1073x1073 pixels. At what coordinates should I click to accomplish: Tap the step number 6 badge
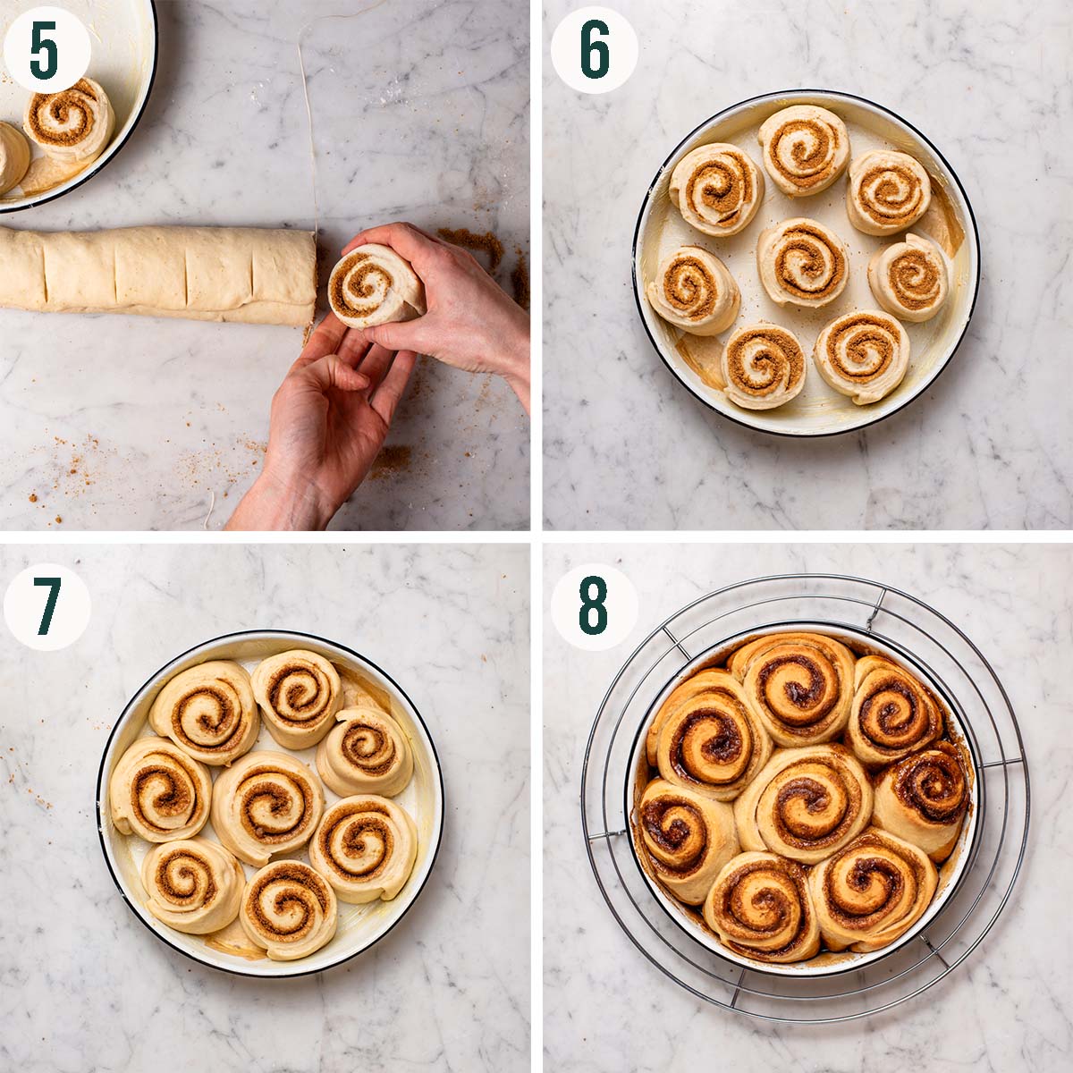click(x=594, y=49)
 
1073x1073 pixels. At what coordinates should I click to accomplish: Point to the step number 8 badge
click(x=594, y=606)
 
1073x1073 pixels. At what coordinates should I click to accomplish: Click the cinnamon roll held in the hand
click(x=374, y=286)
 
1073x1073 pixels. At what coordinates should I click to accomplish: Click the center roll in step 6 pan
click(x=803, y=262)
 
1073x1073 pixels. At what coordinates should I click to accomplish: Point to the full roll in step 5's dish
click(x=69, y=118)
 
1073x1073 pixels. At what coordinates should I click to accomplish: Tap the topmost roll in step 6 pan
click(x=803, y=148)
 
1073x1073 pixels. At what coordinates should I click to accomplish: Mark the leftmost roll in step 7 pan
click(x=159, y=789)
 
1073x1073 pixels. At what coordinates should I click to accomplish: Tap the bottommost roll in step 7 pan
click(x=287, y=908)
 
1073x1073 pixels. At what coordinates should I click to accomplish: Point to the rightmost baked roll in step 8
click(x=923, y=796)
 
